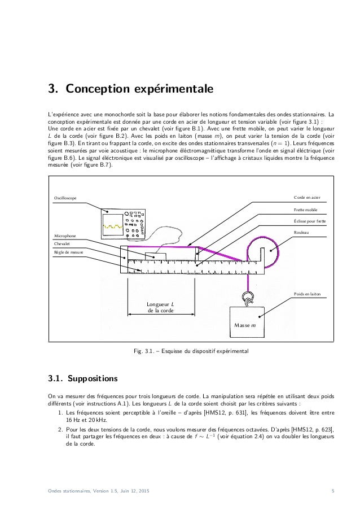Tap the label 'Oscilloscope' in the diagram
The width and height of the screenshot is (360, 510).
pyautogui.click(x=65, y=198)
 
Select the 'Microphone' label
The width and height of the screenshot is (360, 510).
pyautogui.click(x=64, y=235)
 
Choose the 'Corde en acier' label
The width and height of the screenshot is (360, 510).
pyautogui.click(x=306, y=198)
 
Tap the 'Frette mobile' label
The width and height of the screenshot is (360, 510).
pyautogui.click(x=306, y=210)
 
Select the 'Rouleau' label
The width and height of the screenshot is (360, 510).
pyautogui.click(x=301, y=232)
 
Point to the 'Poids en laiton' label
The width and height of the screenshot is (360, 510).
pyautogui.click(x=307, y=294)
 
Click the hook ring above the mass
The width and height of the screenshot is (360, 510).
pyautogui.click(x=248, y=296)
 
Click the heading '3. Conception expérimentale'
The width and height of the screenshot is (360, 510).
pyautogui.click(x=131, y=89)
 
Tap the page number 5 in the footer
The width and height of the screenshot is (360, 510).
pyautogui.click(x=333, y=497)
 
